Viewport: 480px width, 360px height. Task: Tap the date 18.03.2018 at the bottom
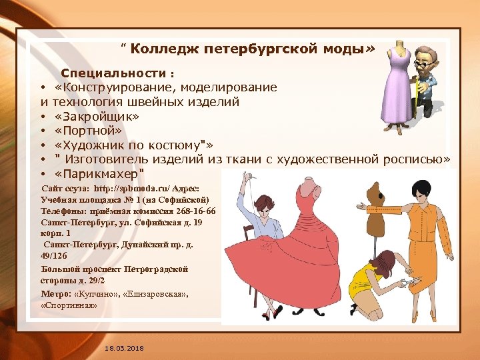pos(124,349)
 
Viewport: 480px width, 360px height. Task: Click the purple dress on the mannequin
pos(398,87)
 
